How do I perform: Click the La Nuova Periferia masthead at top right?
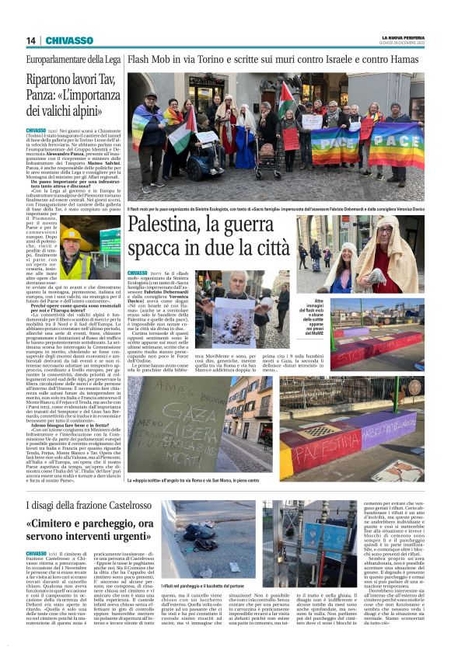pyautogui.click(x=402, y=37)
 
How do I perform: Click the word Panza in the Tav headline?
pyautogui.click(x=46, y=99)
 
